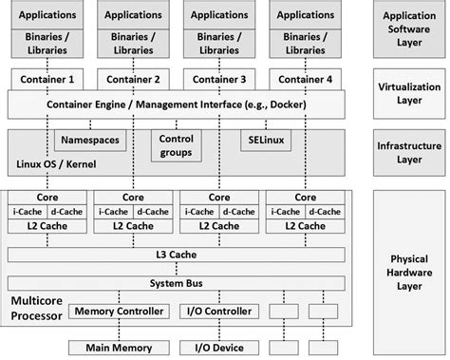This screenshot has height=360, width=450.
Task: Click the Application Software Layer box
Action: (409, 29)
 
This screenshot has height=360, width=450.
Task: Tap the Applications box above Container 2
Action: (133, 15)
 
